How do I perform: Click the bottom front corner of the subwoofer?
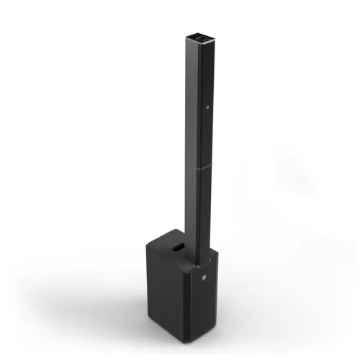click(199, 342)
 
